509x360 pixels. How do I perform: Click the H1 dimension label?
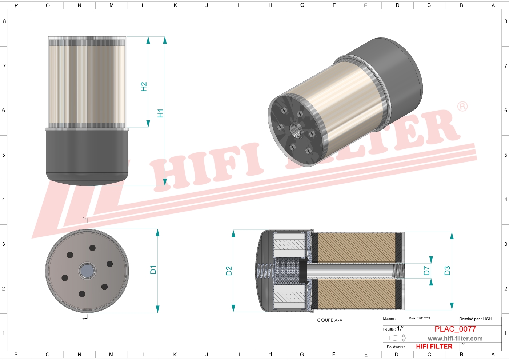(x=160, y=113)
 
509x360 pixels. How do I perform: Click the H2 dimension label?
(x=144, y=87)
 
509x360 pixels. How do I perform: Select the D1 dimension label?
(x=153, y=269)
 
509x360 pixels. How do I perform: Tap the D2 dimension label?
(x=229, y=271)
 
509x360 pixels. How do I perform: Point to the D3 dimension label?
(x=447, y=271)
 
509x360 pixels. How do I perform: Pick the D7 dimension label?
(x=426, y=271)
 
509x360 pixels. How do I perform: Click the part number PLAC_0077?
(x=455, y=329)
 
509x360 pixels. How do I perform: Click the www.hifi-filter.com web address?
(x=455, y=339)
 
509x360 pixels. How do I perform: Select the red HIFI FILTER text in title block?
(x=434, y=347)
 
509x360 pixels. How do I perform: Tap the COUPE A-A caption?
(x=330, y=320)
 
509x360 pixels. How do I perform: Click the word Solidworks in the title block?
(x=396, y=347)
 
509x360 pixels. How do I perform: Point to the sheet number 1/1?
(x=401, y=328)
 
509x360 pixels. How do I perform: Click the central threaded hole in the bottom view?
(x=87, y=271)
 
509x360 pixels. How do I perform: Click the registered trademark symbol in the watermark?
(x=462, y=107)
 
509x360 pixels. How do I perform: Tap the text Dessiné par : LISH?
(x=475, y=319)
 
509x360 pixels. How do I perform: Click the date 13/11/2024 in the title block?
(x=424, y=318)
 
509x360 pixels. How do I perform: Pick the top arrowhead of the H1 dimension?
(x=165, y=40)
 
